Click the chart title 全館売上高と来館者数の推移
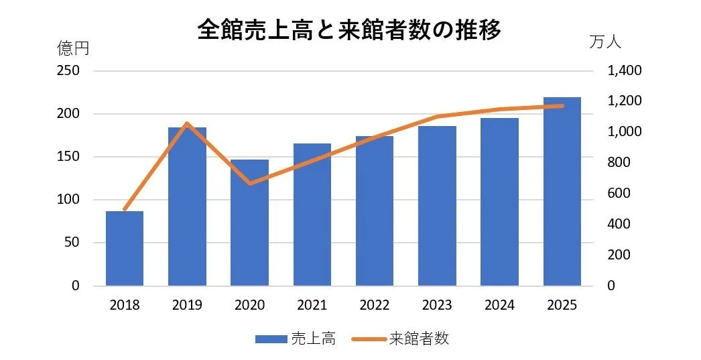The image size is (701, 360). click(349, 30)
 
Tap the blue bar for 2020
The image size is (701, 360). click(249, 223)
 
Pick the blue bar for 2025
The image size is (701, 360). click(562, 191)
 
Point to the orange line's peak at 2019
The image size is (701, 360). click(187, 123)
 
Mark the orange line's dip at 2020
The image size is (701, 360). click(249, 183)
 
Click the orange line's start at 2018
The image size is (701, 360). click(125, 210)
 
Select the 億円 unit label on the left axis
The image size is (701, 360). click(72, 48)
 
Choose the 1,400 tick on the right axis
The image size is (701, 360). click(623, 71)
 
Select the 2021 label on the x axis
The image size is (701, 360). click(312, 305)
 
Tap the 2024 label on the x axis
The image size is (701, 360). click(499, 305)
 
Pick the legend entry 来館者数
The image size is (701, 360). click(418, 339)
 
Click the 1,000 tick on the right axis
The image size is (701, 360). click(623, 132)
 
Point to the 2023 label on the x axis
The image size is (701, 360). click(437, 305)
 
